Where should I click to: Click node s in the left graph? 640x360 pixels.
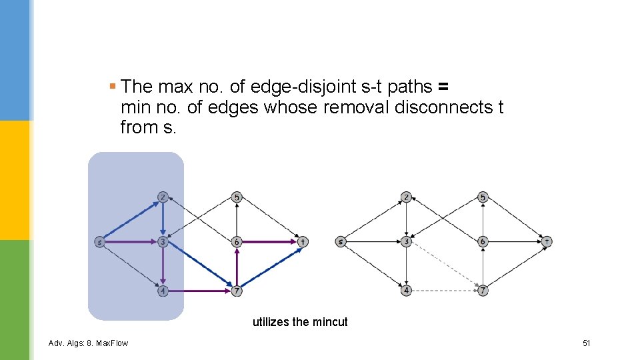pos(99,242)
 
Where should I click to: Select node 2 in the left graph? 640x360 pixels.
pos(163,197)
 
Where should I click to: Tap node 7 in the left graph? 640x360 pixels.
pos(237,291)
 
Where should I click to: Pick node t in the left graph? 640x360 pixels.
pos(303,242)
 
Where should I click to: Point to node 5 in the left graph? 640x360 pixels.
pos(237,197)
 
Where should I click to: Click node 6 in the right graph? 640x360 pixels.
pos(483,241)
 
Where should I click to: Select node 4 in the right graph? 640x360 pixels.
pos(407,291)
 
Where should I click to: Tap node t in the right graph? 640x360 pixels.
pos(547,241)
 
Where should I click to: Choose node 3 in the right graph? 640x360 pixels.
pos(407,241)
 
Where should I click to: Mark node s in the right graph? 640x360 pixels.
pos(341,241)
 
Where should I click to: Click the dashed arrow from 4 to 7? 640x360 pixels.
pos(445,291)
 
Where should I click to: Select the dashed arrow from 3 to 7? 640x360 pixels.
pos(445,266)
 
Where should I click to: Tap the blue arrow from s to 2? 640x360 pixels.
pos(131,220)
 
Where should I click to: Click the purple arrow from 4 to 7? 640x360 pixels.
pos(200,291)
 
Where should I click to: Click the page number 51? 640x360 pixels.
pos(587,343)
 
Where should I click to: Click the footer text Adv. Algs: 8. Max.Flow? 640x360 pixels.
pos(89,343)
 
